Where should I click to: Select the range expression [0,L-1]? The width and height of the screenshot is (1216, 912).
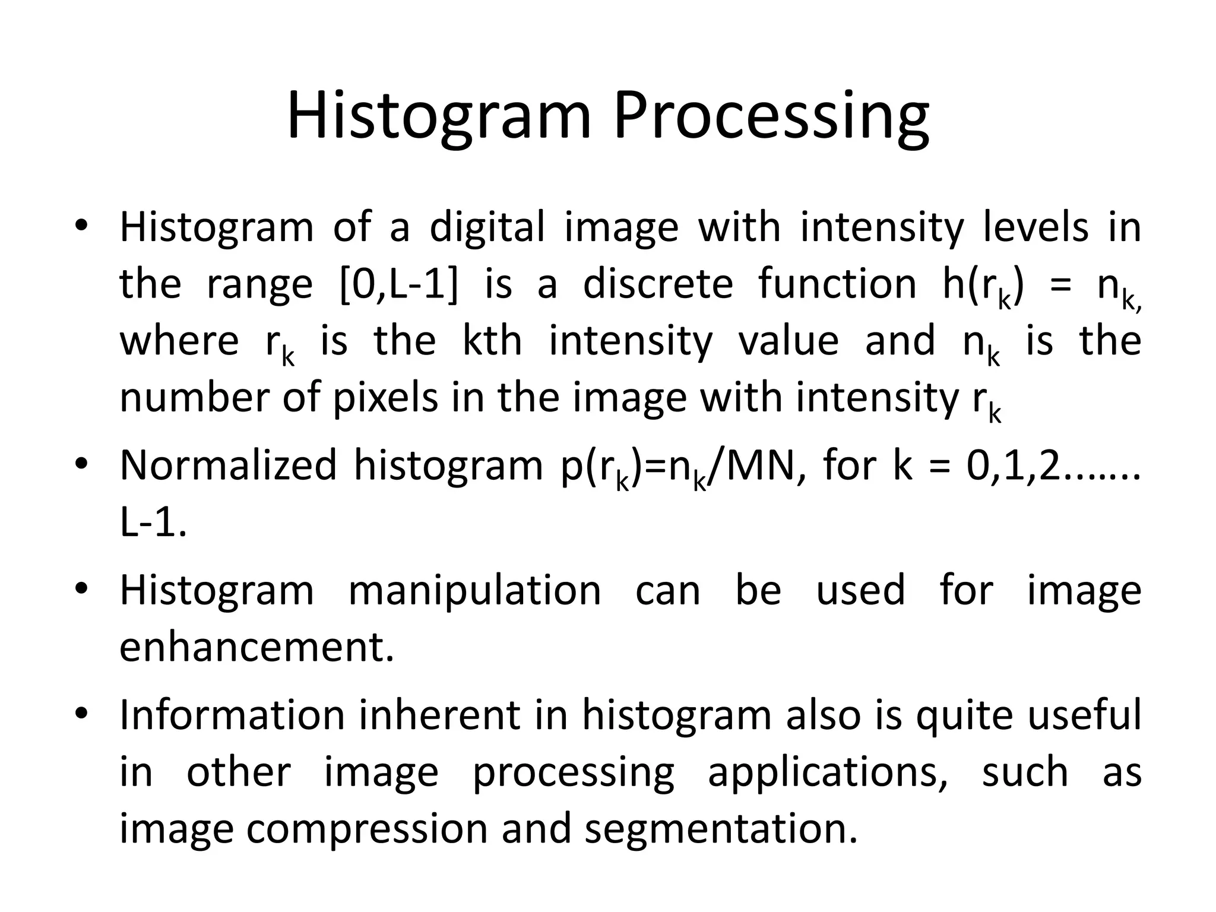[399, 284]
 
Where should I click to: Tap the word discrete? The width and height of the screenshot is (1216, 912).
[658, 283]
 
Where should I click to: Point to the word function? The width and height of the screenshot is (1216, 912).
[838, 283]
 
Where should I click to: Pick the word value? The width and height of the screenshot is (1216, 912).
[788, 340]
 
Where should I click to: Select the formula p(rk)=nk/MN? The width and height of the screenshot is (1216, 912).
[677, 467]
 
